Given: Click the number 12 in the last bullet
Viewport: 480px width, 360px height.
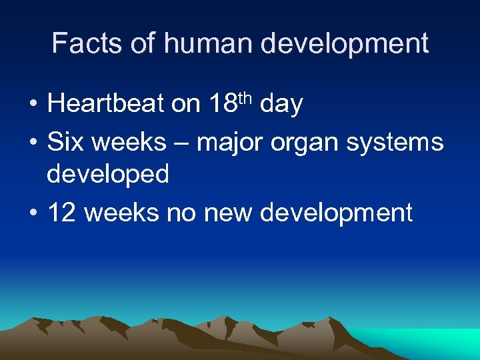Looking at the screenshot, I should click(63, 213).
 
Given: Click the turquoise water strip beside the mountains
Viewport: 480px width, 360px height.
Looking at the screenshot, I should click(433, 342).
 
